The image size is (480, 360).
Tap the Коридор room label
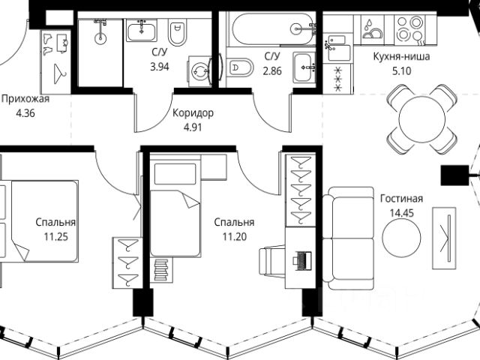[x=193, y=113]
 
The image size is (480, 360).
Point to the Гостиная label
[x=401, y=199]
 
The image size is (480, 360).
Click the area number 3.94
[x=160, y=65]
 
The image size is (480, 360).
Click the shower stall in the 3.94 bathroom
[x=99, y=49]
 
